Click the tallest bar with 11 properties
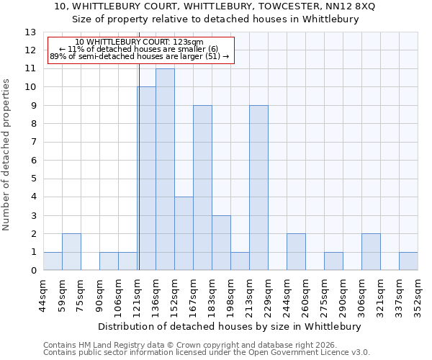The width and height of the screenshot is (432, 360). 165,169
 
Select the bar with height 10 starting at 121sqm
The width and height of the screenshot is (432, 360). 146,179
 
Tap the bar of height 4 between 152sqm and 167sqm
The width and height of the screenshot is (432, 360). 184,233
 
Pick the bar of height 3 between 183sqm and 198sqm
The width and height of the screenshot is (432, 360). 221,243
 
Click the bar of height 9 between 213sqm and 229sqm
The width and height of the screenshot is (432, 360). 258,188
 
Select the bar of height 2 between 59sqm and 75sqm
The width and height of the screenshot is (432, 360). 71,252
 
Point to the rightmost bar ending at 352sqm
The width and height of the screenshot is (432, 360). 408,261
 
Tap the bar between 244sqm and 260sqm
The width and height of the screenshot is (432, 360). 296,252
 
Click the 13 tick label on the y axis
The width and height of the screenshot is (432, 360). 30,32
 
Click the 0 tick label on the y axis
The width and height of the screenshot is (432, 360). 33,271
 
